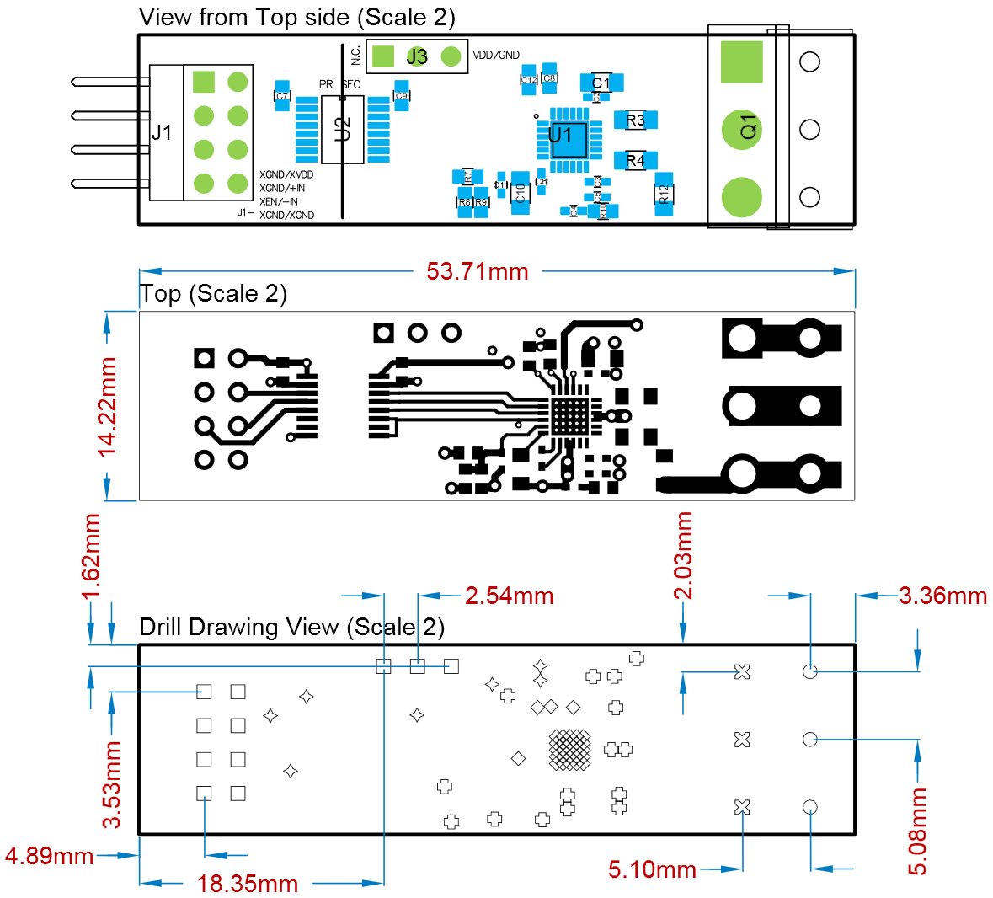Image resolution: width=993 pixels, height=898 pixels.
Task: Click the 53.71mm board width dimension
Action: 477,271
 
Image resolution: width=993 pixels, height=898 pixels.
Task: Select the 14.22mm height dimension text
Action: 108,407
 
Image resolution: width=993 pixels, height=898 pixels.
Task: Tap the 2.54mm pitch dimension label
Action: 509,596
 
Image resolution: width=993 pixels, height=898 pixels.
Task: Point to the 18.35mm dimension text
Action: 248,884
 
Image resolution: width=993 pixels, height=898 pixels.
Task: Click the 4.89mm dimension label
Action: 49,856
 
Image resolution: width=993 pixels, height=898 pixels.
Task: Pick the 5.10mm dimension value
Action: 652,869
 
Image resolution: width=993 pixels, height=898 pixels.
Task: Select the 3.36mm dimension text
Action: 942,596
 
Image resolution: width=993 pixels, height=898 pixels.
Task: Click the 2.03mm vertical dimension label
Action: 684,555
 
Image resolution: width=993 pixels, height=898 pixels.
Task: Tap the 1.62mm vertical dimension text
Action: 91,557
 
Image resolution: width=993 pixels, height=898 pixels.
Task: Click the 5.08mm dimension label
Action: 918,831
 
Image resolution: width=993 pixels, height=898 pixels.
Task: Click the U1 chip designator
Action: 560,135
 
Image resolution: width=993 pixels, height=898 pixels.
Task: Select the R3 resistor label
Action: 635,120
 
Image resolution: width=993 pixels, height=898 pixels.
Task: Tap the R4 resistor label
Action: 635,160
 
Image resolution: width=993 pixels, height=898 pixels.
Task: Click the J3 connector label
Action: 417,57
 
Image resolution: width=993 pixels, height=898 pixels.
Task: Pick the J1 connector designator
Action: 162,132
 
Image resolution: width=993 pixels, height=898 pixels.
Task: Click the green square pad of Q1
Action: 742,62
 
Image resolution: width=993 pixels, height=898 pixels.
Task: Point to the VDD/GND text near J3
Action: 496,56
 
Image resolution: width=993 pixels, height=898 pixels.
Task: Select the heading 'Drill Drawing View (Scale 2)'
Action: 291,627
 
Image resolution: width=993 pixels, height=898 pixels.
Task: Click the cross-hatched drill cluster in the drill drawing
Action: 570,749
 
